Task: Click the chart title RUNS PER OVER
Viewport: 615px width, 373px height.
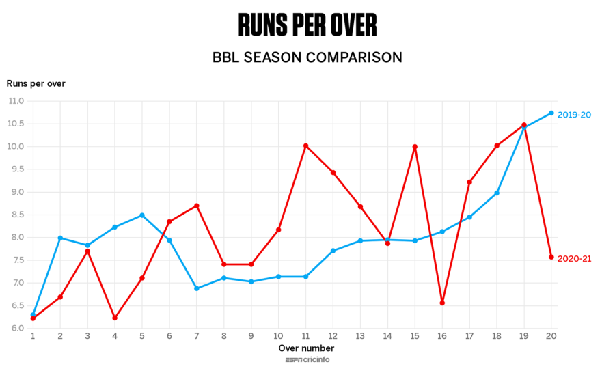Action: click(x=307, y=25)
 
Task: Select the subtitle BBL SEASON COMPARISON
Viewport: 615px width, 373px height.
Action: click(x=307, y=57)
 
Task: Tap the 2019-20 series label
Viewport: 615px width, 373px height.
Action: click(x=574, y=115)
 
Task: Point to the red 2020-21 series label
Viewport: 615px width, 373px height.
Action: click(x=574, y=258)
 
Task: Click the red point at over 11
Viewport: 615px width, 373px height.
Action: click(x=306, y=146)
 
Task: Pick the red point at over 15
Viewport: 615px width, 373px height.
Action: click(x=415, y=147)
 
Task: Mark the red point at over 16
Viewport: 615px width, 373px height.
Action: click(x=442, y=303)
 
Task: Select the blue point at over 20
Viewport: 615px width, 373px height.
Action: click(x=551, y=113)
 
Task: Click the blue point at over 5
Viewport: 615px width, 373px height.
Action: click(x=142, y=215)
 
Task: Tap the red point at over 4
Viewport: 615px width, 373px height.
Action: click(x=115, y=318)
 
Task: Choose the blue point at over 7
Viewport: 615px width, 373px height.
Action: click(x=197, y=288)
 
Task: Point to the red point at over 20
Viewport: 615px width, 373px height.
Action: click(x=551, y=257)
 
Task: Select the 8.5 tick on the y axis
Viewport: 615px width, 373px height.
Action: click(x=16, y=215)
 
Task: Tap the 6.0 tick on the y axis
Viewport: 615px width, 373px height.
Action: click(x=16, y=329)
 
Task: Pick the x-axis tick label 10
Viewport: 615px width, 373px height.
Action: click(x=279, y=336)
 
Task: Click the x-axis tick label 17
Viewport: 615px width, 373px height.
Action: click(x=469, y=336)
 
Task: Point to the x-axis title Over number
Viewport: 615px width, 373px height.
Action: click(x=306, y=348)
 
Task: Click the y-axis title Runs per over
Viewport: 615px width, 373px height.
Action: click(x=36, y=83)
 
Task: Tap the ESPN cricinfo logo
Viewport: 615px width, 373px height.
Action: click(x=307, y=360)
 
